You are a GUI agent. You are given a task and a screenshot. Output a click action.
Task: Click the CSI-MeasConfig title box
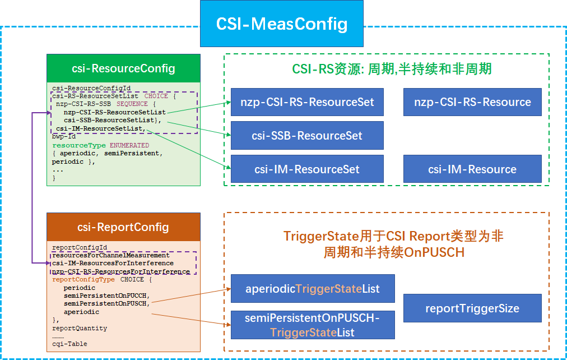click(282, 24)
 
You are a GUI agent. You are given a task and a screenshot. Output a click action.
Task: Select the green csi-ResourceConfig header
click(123, 68)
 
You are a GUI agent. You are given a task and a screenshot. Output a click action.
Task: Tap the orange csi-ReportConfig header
click(123, 227)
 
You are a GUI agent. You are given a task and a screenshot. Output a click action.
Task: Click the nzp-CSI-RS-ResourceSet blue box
click(307, 102)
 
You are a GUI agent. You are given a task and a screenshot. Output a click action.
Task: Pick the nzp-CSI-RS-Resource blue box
click(472, 102)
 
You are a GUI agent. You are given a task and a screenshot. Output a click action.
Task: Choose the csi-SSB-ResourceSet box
click(307, 136)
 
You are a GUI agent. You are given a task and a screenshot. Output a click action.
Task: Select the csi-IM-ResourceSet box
click(307, 169)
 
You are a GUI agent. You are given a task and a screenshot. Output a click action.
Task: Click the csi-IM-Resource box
click(472, 169)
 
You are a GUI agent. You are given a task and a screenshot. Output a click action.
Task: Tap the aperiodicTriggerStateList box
click(313, 289)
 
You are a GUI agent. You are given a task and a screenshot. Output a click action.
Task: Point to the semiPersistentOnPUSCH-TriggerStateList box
click(313, 325)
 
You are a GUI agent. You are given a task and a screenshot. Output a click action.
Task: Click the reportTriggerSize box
click(472, 308)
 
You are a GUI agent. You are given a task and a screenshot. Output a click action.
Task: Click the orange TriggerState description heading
click(393, 244)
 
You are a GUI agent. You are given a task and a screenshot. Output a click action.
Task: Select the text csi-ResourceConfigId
click(83, 89)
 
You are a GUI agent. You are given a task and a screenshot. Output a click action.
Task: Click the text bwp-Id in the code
click(64, 136)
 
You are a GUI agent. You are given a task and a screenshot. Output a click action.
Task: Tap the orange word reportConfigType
click(83, 279)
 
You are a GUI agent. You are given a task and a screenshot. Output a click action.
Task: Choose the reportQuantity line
click(80, 328)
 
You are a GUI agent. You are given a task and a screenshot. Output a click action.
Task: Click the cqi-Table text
click(69, 344)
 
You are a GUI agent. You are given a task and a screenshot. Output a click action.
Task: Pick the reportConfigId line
click(80, 247)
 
